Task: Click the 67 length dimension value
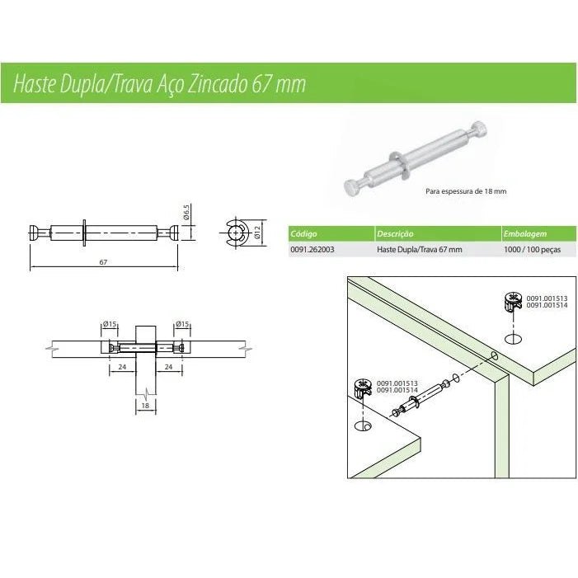(103, 262)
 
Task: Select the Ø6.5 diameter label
(187, 214)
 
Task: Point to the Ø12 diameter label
(258, 234)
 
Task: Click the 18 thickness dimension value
(146, 406)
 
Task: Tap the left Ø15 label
(109, 323)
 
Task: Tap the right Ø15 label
(183, 323)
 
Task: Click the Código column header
(304, 234)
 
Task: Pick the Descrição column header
(395, 234)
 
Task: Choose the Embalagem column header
(525, 234)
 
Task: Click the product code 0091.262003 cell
(313, 249)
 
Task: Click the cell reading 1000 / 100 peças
(527, 249)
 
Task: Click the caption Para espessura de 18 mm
(465, 190)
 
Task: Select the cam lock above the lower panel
(362, 387)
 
